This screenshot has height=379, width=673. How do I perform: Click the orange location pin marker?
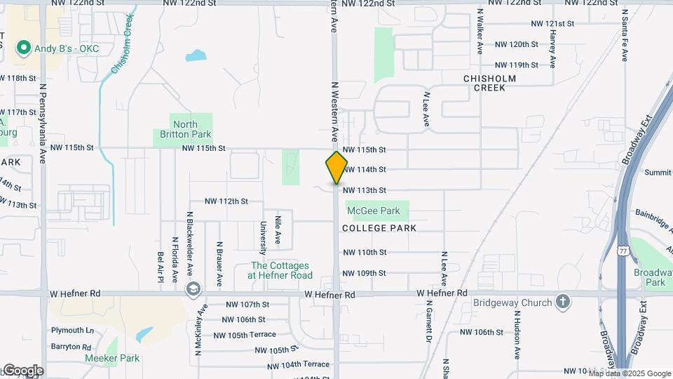pos(336,167)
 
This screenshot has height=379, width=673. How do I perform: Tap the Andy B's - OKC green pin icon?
pos(23,48)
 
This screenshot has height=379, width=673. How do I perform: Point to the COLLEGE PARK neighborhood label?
pos(379,228)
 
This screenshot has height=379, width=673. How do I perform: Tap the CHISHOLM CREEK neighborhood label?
pos(489,83)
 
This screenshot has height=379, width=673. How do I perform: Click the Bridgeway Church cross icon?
pos(562,302)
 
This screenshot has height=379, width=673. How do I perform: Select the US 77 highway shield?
pos(623,251)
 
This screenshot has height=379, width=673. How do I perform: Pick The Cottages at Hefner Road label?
pos(282,270)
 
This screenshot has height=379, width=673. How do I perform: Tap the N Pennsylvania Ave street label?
pos(42,123)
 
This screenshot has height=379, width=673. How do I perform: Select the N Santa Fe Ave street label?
pos(624,35)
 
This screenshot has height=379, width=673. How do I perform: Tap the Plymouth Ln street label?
pos(72,330)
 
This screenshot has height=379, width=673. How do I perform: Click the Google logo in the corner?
pos(22,371)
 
